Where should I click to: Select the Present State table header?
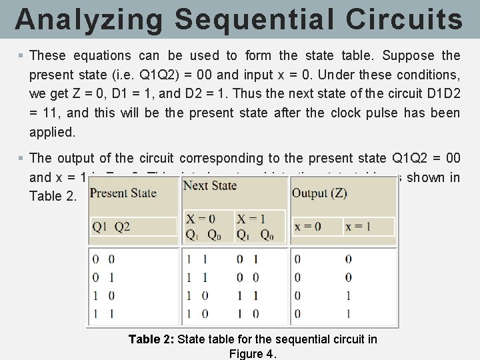(123, 193)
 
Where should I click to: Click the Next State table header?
(210, 185)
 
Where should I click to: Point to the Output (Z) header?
(319, 193)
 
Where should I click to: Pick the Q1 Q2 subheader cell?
(112, 227)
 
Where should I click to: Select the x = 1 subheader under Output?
(358, 227)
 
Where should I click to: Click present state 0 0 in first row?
(103, 259)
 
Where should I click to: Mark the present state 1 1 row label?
(103, 313)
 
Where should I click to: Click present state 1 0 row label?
(103, 295)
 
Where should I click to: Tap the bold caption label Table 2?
(151, 339)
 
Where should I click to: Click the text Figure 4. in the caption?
(252, 353)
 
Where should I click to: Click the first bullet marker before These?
(22, 55)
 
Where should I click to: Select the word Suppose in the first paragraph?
(415, 55)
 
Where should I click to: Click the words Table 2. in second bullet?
(53, 196)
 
